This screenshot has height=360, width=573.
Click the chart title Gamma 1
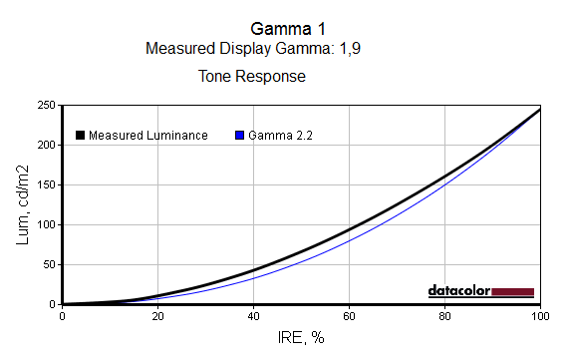[288, 29]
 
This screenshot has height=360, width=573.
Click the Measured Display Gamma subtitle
[253, 48]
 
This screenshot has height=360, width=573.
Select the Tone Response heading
[252, 77]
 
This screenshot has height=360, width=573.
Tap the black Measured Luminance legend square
[80, 135]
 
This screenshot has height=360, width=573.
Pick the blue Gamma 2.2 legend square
[240, 135]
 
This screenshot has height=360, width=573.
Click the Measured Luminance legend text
[148, 136]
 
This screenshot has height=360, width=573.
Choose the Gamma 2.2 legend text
[281, 136]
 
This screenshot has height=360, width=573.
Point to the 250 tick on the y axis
[46, 106]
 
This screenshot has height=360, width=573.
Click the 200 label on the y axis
[46, 146]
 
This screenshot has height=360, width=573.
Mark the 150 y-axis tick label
[46, 185]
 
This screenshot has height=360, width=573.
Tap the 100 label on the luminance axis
[46, 225]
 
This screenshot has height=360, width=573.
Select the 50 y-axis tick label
[50, 265]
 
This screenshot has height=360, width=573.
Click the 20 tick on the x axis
[157, 316]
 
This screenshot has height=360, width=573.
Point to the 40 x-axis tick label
[253, 316]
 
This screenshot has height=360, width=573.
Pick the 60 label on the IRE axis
[350, 316]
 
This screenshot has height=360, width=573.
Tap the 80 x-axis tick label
[444, 316]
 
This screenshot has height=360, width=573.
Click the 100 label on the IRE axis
[540, 316]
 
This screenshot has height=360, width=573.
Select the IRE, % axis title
[301, 338]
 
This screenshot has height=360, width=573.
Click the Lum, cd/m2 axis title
[22, 204]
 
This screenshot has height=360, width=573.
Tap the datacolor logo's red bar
[512, 291]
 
